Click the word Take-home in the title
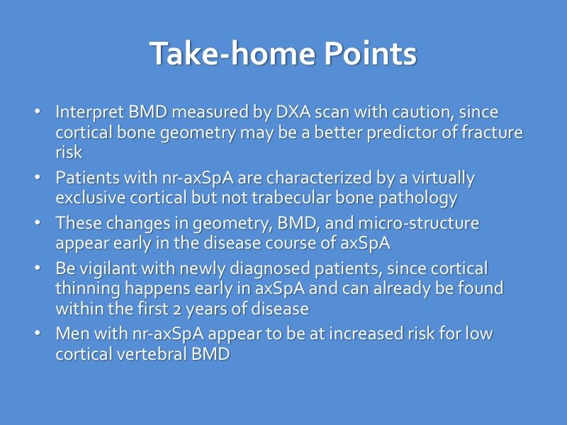[217, 55]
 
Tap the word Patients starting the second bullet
[82, 177]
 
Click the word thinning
[86, 288]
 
